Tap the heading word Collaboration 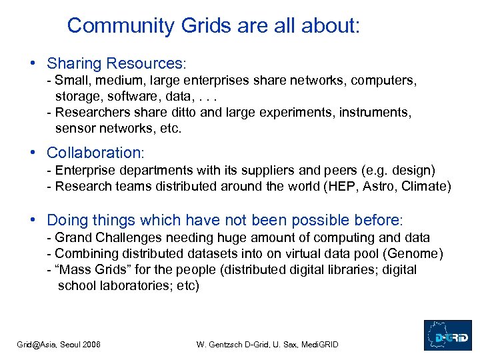pyautogui.click(x=94, y=153)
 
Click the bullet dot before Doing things pyautogui.click(x=33, y=219)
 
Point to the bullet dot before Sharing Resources pyautogui.click(x=33, y=63)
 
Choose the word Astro pyautogui.click(x=378, y=186)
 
